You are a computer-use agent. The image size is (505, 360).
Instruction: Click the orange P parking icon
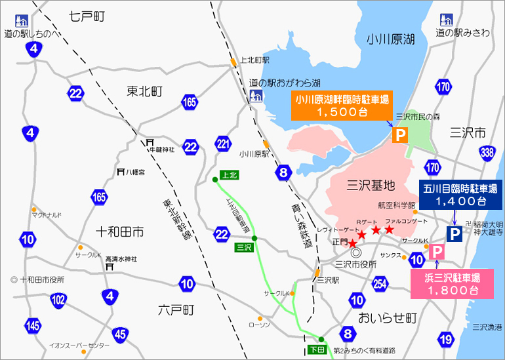(399, 136)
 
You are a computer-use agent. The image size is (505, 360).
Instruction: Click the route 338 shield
(487, 153)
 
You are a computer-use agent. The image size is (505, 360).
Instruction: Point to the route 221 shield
(223, 143)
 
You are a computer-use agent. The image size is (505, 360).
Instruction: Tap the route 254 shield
(379, 283)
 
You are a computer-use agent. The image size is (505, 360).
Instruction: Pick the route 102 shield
(59, 300)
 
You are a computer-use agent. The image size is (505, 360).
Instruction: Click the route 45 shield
(120, 334)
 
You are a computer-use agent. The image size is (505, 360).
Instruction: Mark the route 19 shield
(446, 339)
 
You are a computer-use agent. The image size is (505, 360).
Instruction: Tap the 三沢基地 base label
(371, 184)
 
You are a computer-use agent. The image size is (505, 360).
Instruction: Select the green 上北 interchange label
(228, 175)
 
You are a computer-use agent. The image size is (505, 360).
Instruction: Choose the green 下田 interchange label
(316, 350)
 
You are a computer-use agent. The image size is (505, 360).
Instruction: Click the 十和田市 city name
(119, 231)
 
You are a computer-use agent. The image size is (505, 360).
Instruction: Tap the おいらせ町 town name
(388, 318)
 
